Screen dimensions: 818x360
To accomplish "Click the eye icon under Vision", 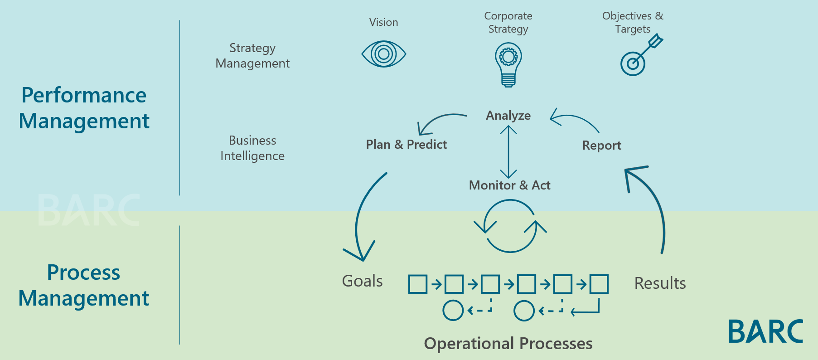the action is (383, 54).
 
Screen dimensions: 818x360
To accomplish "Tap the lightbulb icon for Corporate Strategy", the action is (508, 65).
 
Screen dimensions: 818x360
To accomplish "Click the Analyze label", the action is (508, 116).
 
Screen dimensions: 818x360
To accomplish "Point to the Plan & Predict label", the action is (406, 144).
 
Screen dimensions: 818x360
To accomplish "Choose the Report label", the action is (601, 146).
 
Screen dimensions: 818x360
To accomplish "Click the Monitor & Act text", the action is (509, 185).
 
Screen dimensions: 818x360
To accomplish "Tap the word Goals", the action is (362, 281).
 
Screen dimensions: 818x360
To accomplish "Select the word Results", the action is (660, 283).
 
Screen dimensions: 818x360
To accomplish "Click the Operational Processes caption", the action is (508, 344).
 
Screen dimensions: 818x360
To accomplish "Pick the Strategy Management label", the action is (252, 56).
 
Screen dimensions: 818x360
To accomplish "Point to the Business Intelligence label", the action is (252, 148).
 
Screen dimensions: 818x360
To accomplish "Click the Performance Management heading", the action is (84, 108).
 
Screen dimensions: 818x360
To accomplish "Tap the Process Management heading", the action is (84, 285).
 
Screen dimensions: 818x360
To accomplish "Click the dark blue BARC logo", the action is (765, 331).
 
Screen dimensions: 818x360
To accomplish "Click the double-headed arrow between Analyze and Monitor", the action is (508, 152).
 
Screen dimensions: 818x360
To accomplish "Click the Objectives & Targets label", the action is (633, 22).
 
